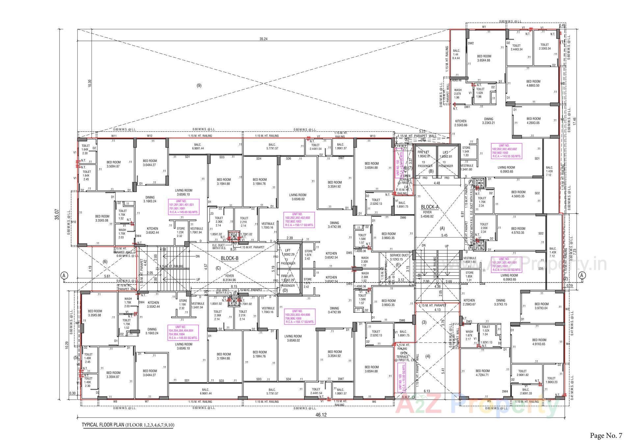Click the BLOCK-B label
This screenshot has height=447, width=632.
[229, 258]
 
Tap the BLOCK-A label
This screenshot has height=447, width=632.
[430, 207]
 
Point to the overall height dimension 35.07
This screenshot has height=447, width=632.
[57, 214]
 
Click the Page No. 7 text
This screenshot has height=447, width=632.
[606, 435]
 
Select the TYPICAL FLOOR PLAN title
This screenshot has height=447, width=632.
[128, 425]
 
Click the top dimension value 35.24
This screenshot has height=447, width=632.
[263, 39]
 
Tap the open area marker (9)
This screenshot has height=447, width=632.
[199, 86]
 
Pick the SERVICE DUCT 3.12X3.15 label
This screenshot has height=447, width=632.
[399, 257]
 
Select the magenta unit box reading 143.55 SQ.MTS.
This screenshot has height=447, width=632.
[506, 151]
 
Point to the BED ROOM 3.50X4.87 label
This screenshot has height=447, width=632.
[114, 164]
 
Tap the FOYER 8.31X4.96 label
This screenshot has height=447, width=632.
[229, 278]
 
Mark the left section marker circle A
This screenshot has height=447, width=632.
[65, 275]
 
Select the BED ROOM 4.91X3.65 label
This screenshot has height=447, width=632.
[539, 342]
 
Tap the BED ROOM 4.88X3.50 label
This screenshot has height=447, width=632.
[533, 83]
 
